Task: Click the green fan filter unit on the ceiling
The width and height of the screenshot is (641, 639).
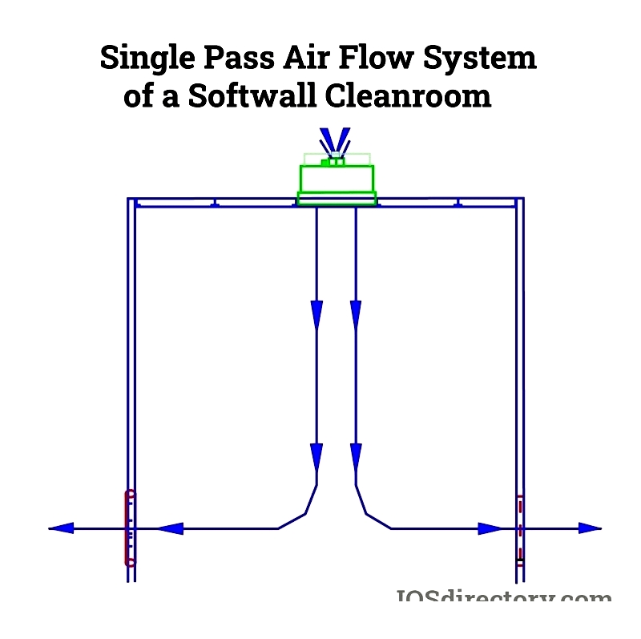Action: click(x=337, y=178)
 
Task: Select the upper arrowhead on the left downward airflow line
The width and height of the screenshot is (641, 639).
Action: click(x=316, y=314)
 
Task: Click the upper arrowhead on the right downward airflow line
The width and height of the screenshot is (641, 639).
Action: click(x=356, y=314)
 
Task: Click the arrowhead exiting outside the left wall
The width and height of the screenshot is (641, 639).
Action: click(x=61, y=528)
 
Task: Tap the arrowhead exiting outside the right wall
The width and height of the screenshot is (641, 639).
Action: click(x=590, y=528)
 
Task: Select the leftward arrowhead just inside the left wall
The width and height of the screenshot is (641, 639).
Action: click(x=170, y=528)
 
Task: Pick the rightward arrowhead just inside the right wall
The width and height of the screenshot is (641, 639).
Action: click(x=490, y=528)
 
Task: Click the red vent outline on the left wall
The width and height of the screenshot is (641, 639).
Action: click(x=130, y=528)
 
